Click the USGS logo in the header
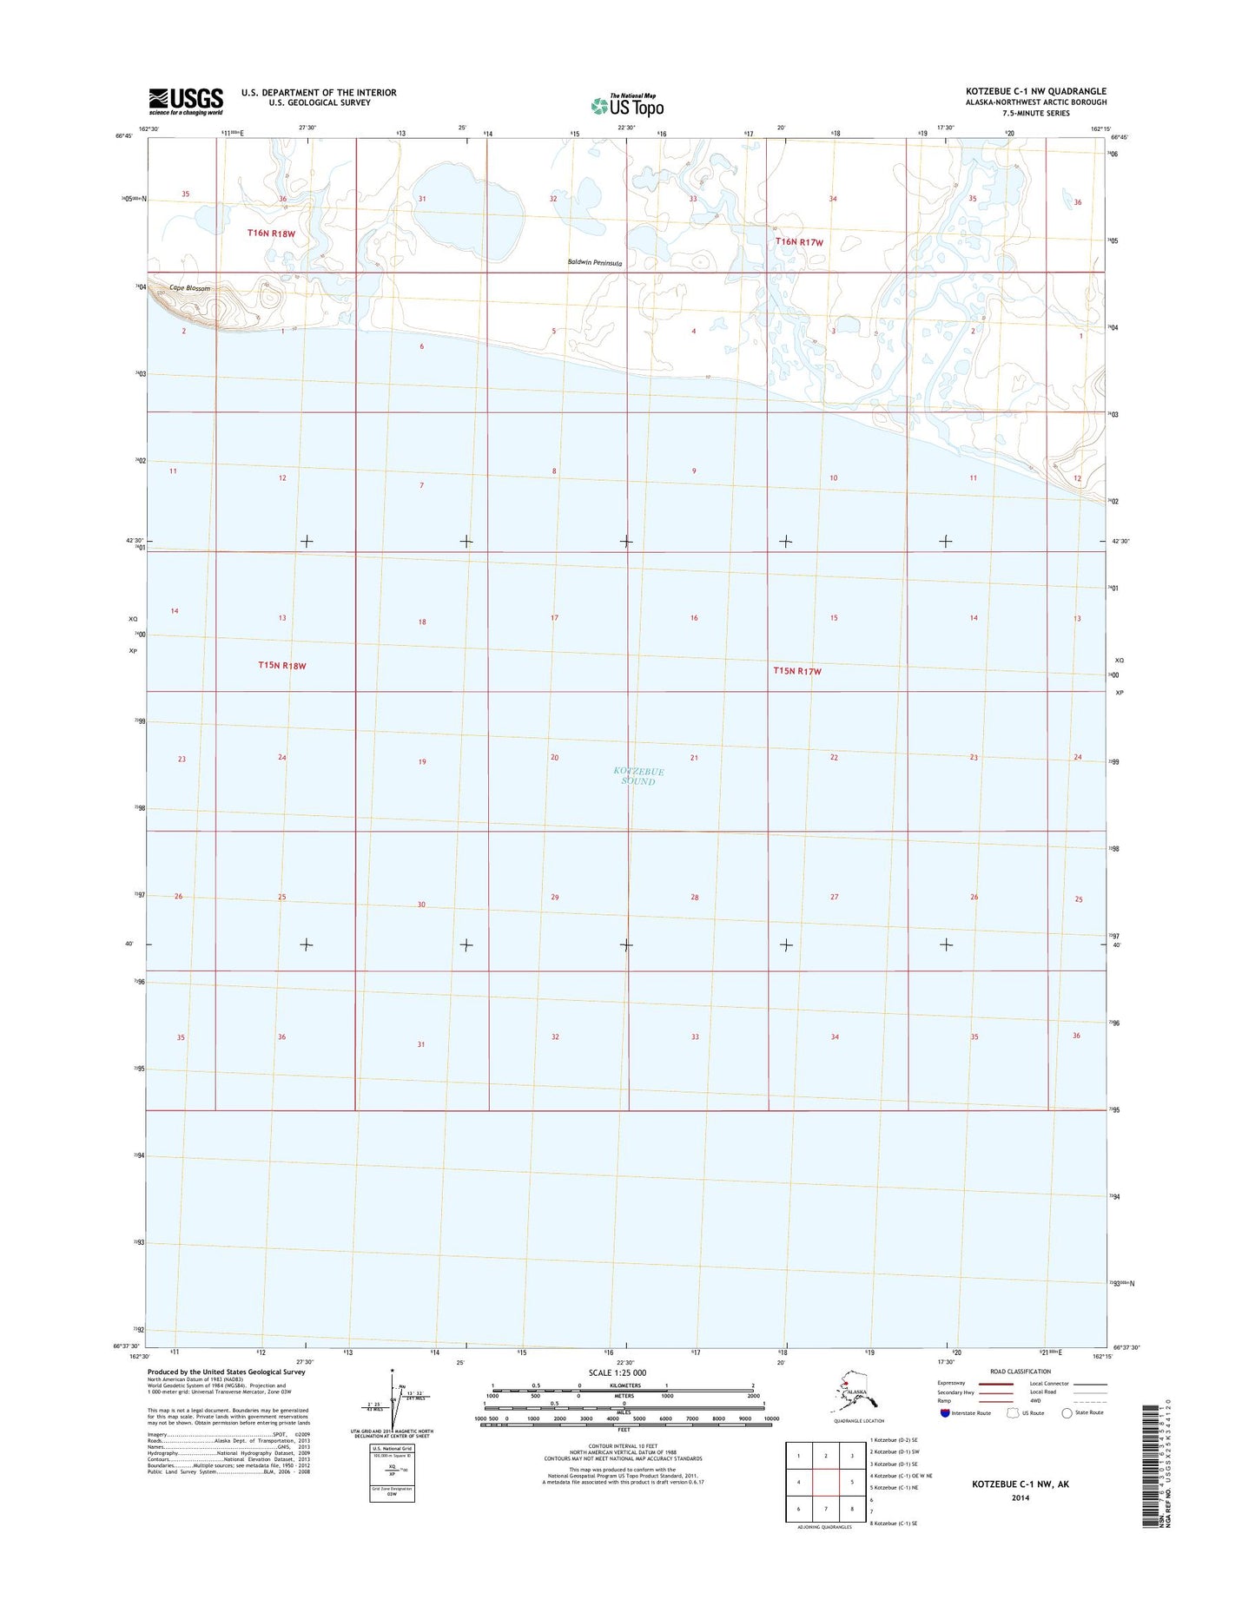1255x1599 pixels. click(186, 101)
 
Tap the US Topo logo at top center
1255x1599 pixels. click(627, 105)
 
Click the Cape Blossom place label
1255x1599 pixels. click(190, 288)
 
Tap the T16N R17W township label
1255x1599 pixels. click(799, 242)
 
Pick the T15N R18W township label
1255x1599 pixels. click(282, 666)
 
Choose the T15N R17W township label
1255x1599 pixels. click(797, 671)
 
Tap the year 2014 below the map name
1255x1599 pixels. click(1021, 1497)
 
